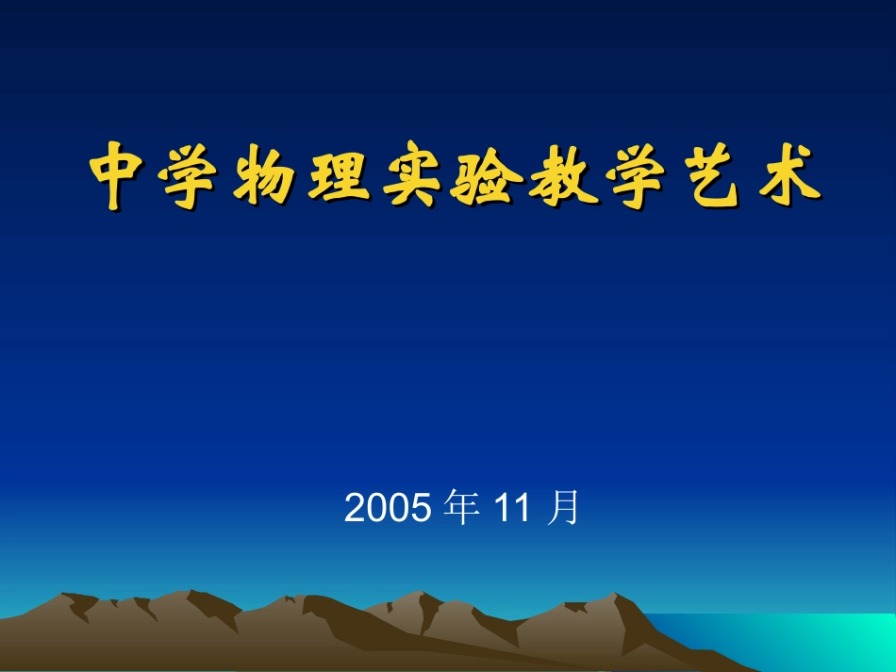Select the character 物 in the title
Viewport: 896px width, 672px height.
[x=266, y=176]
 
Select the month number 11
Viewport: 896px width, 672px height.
[x=513, y=509]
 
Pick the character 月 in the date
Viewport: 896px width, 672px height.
[x=563, y=508]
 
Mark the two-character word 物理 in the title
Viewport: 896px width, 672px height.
[x=303, y=176]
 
